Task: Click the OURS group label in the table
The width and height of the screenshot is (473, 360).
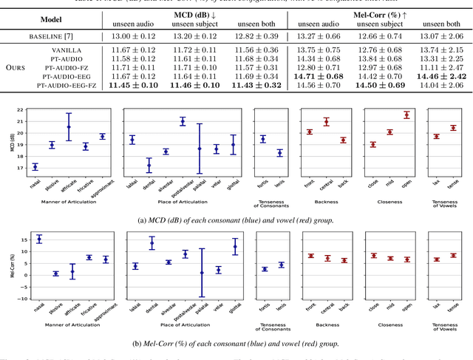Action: [x=17, y=67]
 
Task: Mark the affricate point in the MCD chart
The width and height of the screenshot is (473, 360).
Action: [x=69, y=126]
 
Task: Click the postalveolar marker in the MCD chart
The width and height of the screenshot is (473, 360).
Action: [x=183, y=121]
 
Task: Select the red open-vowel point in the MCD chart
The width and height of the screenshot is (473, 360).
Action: [x=406, y=115]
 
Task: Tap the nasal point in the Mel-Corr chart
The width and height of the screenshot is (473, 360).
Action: [x=39, y=239]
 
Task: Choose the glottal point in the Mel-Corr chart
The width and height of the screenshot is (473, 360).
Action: [x=235, y=246]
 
